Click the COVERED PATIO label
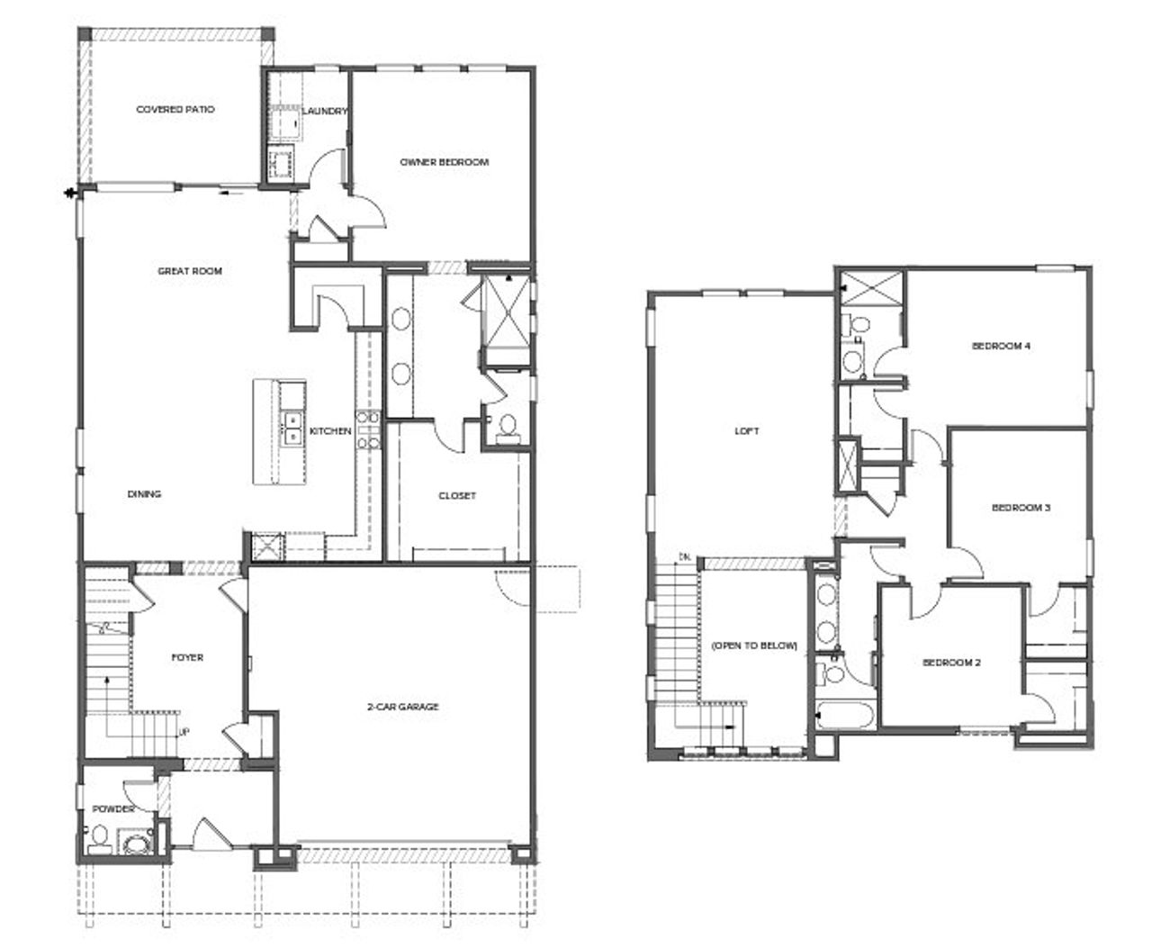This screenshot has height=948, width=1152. pyautogui.click(x=175, y=109)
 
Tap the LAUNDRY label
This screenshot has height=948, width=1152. pyautogui.click(x=325, y=111)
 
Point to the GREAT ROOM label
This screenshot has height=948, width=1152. pyautogui.click(x=190, y=270)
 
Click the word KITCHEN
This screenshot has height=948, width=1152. pyautogui.click(x=330, y=431)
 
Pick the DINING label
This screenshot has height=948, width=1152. pyautogui.click(x=144, y=493)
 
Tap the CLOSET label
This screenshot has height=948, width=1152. pyautogui.click(x=457, y=495)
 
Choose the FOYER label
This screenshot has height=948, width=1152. pyautogui.click(x=187, y=657)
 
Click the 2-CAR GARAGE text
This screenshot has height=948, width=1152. pyautogui.click(x=403, y=707)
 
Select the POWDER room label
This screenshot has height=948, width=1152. pyautogui.click(x=113, y=809)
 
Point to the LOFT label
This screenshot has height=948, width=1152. pyautogui.click(x=747, y=431)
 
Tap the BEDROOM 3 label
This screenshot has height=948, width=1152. pyautogui.click(x=1021, y=508)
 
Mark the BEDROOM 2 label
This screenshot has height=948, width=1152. pyautogui.click(x=951, y=663)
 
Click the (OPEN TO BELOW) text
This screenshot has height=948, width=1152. pyautogui.click(x=754, y=646)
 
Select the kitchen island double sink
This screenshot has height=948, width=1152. pyautogui.click(x=293, y=428)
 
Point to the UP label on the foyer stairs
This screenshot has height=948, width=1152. pyautogui.click(x=184, y=732)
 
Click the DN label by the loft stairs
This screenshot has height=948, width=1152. pyautogui.click(x=686, y=555)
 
